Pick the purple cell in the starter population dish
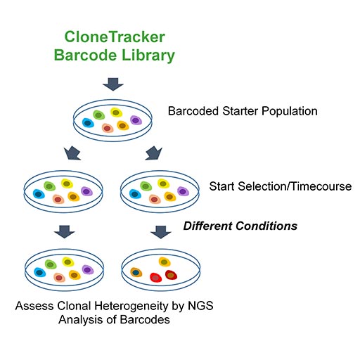pos(136,122)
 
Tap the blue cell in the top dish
pos(88,123)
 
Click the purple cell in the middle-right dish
pos(183,191)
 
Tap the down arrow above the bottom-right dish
pos(161,231)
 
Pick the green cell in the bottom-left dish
pos(51,264)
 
